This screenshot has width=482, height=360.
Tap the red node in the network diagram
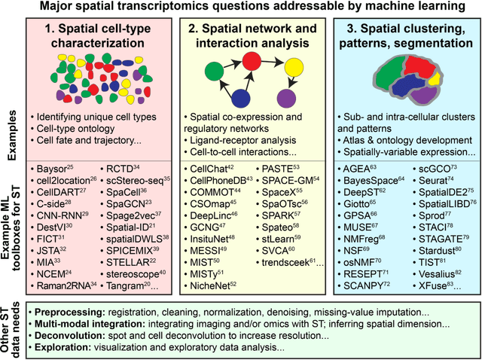[259, 61]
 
